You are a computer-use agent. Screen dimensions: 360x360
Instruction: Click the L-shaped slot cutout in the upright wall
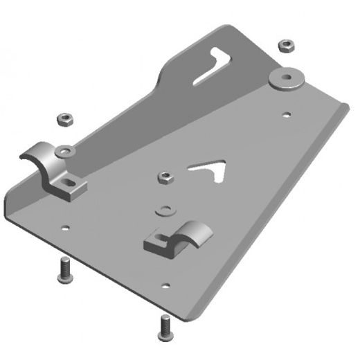click(213, 66)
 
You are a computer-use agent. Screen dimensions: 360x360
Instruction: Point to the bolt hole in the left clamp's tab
click(69, 183)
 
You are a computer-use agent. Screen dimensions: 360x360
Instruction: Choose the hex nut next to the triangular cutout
click(165, 177)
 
